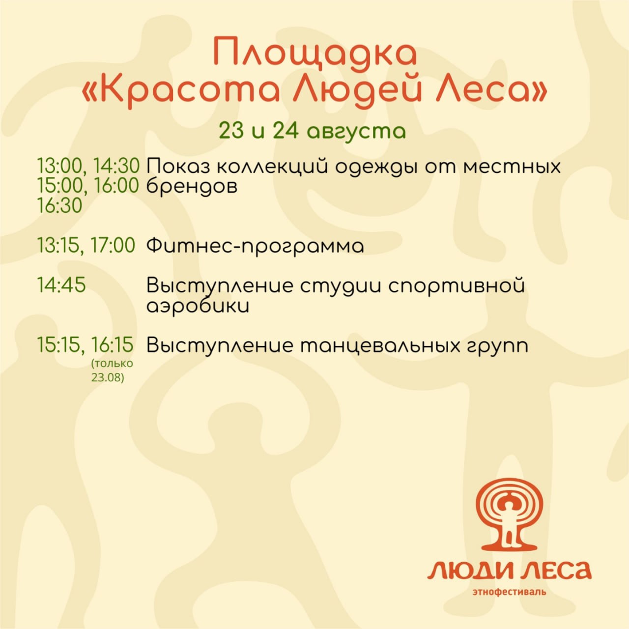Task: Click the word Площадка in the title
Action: point(315,54)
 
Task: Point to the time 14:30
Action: point(116,166)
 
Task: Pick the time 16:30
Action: point(59,206)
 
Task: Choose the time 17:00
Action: point(113,246)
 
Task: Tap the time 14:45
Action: point(61,285)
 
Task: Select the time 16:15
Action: point(112,345)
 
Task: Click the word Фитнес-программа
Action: point(255,247)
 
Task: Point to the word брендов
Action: point(192,187)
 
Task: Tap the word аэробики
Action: point(198,306)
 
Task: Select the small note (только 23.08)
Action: point(113,371)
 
